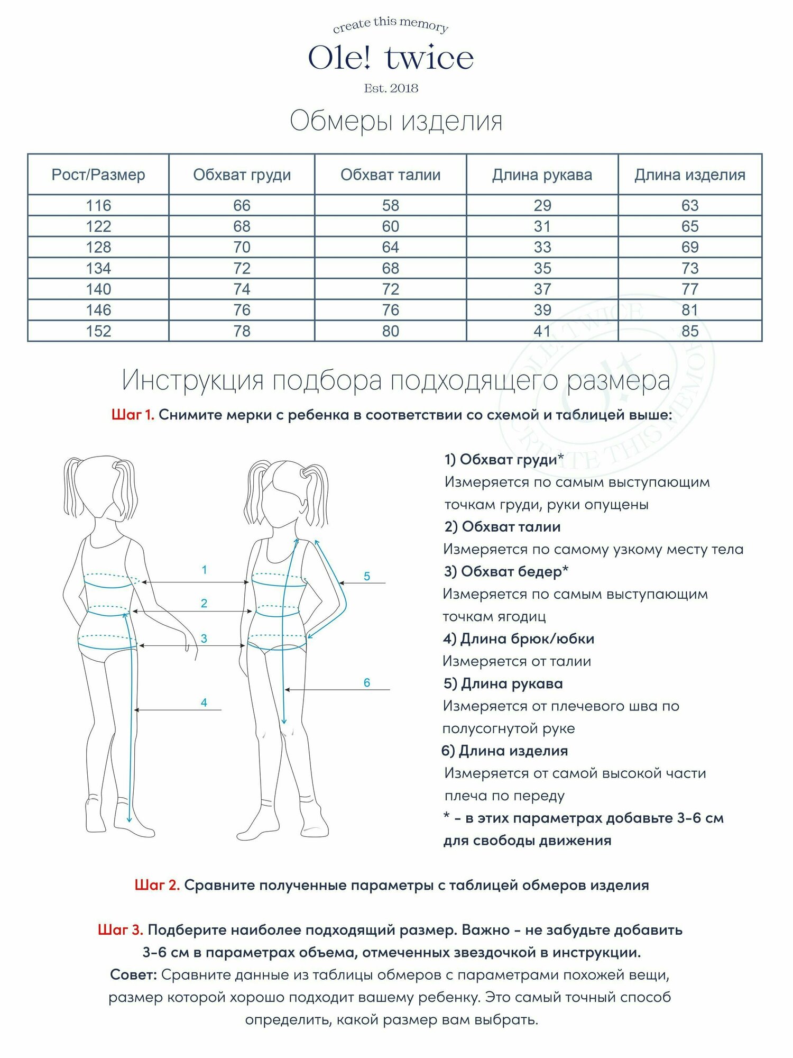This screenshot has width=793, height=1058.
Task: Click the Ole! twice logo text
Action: (x=391, y=58)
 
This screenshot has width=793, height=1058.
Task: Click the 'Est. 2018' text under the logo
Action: (x=391, y=88)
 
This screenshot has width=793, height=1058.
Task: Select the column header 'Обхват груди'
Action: (x=242, y=175)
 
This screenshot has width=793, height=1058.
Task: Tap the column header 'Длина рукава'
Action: (x=542, y=175)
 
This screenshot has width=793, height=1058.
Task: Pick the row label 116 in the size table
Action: (x=98, y=205)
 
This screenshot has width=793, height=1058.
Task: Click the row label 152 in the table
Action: (x=98, y=331)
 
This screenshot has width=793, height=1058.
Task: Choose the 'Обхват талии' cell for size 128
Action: (x=390, y=247)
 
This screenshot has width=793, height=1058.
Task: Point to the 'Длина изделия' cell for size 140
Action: (x=690, y=289)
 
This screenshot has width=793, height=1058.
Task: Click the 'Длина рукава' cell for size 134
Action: (x=542, y=268)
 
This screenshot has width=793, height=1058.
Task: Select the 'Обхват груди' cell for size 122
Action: (x=242, y=226)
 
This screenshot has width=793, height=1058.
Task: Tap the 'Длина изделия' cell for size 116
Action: (x=690, y=205)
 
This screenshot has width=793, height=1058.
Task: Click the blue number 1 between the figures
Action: (x=204, y=570)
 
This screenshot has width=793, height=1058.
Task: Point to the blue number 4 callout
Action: (x=204, y=703)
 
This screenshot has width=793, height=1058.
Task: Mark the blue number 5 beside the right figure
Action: (x=367, y=577)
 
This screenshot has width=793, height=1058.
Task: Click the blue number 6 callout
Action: (x=367, y=683)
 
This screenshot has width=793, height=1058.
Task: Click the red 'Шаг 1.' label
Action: (x=133, y=415)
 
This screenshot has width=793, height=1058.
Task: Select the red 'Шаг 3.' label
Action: (x=121, y=930)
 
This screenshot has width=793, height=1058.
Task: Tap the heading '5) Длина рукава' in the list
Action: (x=503, y=683)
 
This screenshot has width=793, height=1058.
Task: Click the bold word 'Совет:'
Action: (x=133, y=974)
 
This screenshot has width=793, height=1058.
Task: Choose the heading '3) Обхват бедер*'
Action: (x=506, y=571)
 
